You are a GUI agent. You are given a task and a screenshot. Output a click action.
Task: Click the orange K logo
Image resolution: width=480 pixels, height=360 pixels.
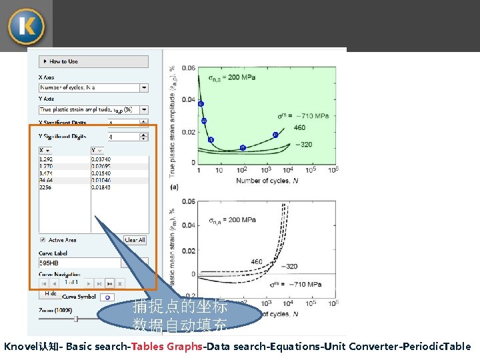(x=27, y=26)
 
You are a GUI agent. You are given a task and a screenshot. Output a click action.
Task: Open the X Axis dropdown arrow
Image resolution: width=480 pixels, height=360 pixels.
(x=144, y=87)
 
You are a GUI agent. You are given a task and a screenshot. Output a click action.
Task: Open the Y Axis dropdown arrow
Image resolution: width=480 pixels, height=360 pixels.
(x=144, y=109)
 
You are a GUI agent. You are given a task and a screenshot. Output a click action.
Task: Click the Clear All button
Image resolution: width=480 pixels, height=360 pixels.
(x=135, y=240)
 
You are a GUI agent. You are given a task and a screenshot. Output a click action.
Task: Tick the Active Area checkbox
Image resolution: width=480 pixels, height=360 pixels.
(x=43, y=240)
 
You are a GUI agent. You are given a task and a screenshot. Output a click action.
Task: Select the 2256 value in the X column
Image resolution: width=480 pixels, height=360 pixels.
(x=46, y=187)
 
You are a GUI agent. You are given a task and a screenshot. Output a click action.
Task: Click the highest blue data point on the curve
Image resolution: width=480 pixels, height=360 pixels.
(x=201, y=104)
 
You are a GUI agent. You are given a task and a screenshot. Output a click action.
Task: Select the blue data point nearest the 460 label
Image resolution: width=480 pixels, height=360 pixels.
(x=275, y=135)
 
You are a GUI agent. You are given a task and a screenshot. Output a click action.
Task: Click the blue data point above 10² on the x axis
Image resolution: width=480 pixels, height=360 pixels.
(x=243, y=148)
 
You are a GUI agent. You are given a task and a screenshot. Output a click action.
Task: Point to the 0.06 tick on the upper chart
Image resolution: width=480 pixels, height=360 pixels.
(x=189, y=68)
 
